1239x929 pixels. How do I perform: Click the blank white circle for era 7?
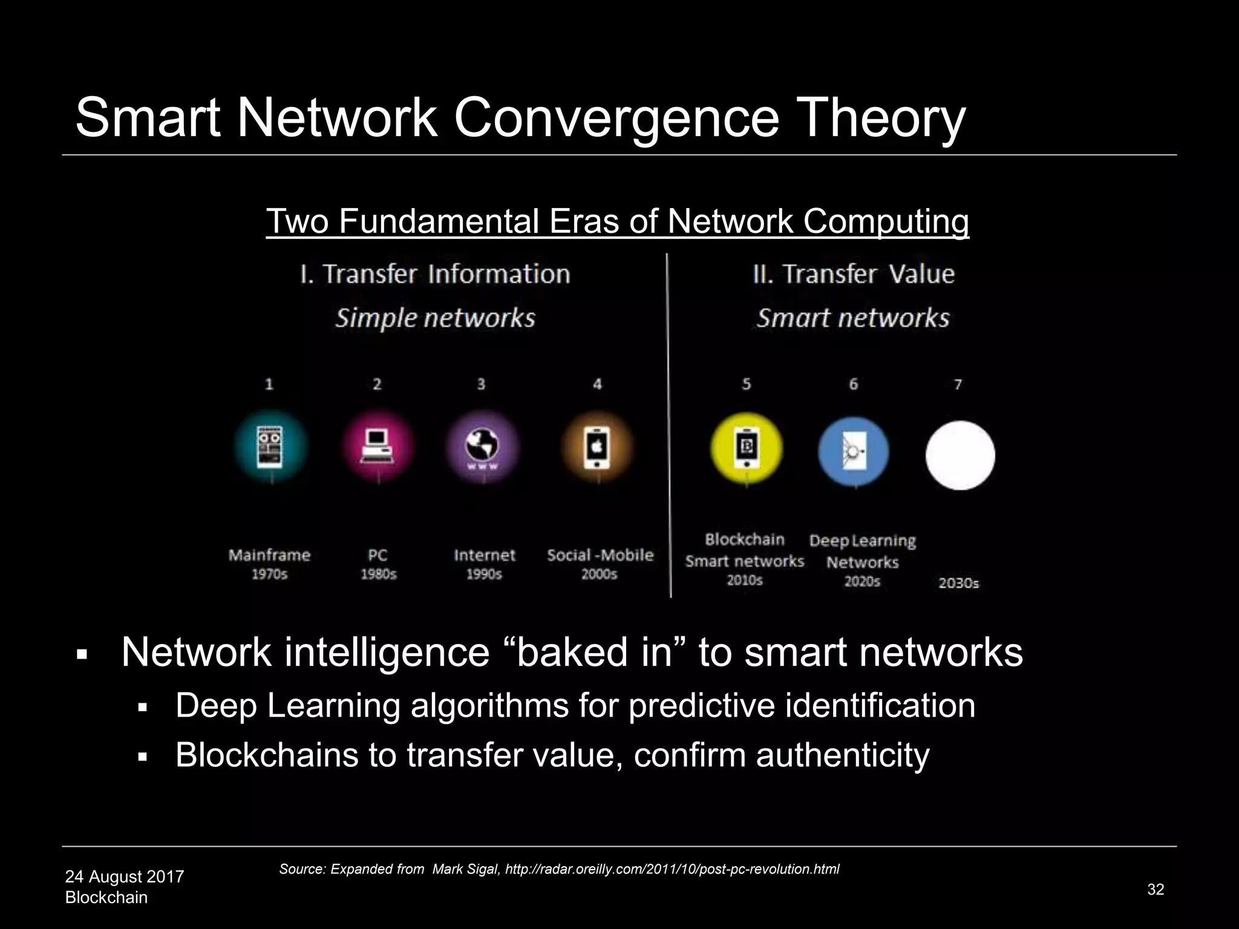pos(960,455)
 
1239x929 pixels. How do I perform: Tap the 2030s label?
pos(958,583)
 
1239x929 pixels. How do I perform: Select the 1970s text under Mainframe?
pos(269,574)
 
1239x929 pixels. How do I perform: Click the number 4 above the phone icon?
pos(597,384)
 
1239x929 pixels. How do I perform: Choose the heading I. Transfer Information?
pos(435,274)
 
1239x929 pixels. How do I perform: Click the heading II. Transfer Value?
pos(854,274)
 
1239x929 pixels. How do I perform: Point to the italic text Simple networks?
pos(435,318)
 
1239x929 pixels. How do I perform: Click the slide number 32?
pos(1156,889)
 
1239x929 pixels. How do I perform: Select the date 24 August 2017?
pos(124,876)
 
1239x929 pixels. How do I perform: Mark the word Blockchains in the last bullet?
pos(267,755)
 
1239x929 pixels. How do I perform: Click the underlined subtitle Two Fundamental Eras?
pos(617,221)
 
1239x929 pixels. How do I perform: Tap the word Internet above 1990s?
pos(484,555)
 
